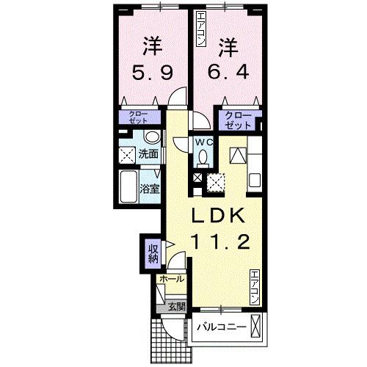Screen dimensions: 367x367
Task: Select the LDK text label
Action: coord(219,217)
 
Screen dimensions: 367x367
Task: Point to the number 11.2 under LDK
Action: coord(219,241)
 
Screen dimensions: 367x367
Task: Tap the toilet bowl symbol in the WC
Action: coord(203,156)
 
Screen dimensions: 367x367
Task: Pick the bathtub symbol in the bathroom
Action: coord(128,186)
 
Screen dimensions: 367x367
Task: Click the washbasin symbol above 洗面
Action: coord(152,137)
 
